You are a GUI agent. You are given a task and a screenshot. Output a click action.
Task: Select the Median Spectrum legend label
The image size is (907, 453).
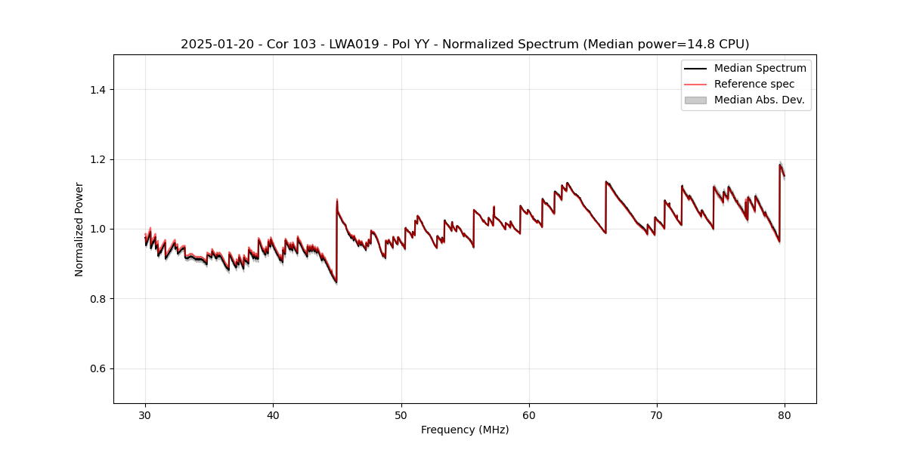coord(760,68)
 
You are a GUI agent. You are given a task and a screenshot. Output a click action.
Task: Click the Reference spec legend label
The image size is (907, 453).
coord(754,84)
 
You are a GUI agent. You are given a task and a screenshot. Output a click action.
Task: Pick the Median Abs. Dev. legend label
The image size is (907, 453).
coord(759,100)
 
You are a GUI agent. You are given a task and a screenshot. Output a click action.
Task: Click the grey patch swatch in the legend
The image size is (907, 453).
coord(695,100)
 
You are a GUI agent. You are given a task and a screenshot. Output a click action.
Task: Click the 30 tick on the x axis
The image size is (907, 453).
coord(145,414)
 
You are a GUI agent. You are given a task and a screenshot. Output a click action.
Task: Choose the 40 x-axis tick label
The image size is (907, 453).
coord(273,414)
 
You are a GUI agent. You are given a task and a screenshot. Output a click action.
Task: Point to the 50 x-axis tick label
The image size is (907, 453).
coord(401,414)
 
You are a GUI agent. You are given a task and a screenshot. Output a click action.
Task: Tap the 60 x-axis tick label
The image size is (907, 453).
coord(529,414)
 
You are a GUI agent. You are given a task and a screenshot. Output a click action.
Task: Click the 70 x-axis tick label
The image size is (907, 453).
coord(657,414)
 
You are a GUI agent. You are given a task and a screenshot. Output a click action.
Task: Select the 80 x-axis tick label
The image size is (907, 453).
coord(785,414)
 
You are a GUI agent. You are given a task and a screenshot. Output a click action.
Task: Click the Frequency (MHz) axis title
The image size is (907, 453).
coord(465,430)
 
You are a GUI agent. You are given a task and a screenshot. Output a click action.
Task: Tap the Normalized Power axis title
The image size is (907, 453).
coord(79,229)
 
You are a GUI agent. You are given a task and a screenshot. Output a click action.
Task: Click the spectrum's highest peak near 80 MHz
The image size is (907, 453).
coord(780,165)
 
